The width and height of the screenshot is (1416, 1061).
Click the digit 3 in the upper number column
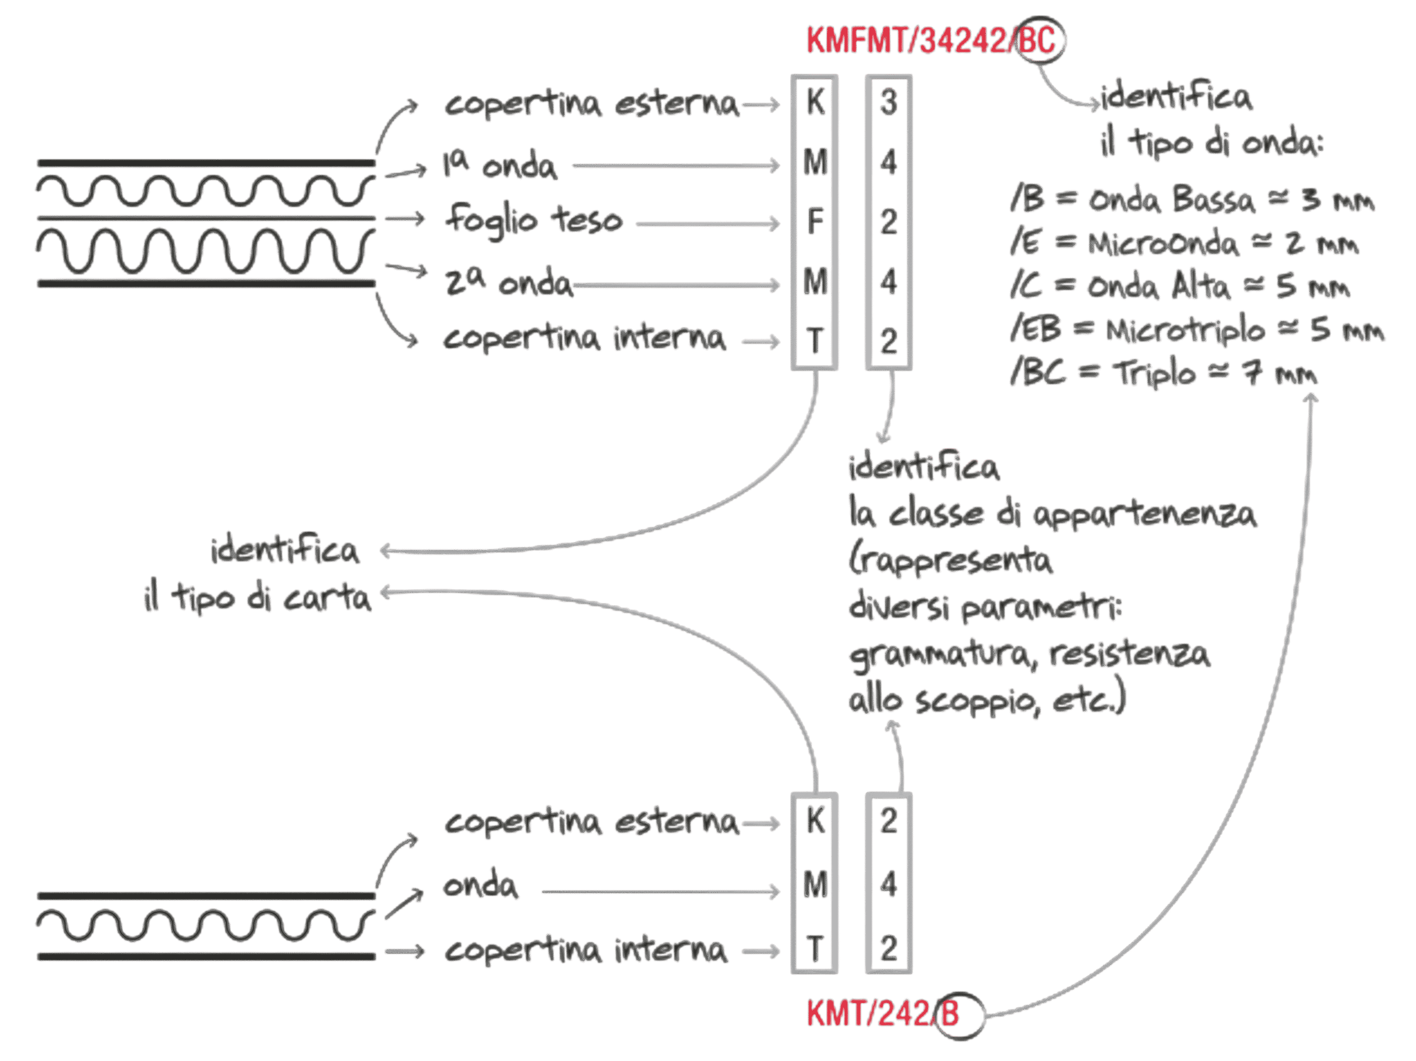coord(888,102)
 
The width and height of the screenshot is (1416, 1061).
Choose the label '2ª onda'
coord(509,282)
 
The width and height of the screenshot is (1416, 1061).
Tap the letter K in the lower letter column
coord(814,821)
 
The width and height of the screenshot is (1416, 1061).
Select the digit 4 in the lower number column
coord(888,885)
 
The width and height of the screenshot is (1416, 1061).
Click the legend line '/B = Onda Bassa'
coord(1191,200)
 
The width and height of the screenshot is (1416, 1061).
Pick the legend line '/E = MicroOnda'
coord(1184,244)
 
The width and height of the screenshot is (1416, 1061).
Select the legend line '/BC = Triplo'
coord(1162,373)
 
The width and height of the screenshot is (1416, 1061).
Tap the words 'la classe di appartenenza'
coord(1051,514)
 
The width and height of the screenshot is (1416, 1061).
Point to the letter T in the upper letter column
coord(814,341)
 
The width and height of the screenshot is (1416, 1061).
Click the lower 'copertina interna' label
coord(585,950)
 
